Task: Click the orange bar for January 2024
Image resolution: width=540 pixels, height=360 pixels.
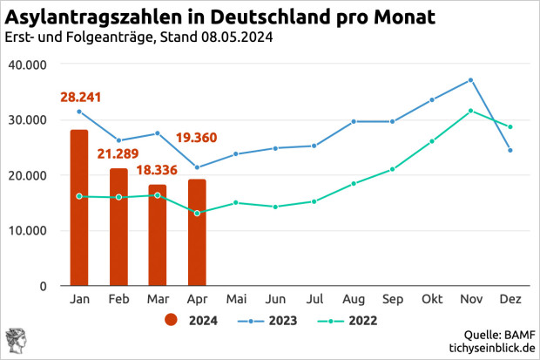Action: point(79,207)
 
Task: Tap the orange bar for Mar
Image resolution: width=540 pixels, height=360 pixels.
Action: point(158,234)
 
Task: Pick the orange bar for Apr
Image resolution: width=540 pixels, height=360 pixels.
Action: point(197,232)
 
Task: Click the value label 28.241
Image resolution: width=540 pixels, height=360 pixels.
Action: point(81,98)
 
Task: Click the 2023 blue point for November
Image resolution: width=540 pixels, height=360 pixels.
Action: point(470,80)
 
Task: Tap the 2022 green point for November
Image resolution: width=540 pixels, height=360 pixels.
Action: point(470,111)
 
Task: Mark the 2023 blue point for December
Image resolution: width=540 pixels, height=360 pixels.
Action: point(510,150)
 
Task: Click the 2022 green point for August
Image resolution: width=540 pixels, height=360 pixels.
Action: point(354,183)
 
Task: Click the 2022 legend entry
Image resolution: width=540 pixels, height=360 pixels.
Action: point(353,320)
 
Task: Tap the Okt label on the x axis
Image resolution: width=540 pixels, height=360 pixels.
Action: point(431,300)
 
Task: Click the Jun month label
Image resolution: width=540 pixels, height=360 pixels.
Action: point(275,300)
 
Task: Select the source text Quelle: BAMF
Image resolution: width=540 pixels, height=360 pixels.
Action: point(501,335)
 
